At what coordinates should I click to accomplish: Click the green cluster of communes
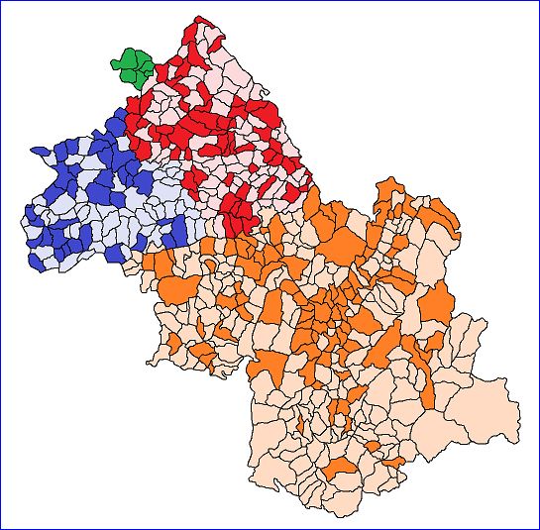point(132,67)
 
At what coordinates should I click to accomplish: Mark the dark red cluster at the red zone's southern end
point(237,212)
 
